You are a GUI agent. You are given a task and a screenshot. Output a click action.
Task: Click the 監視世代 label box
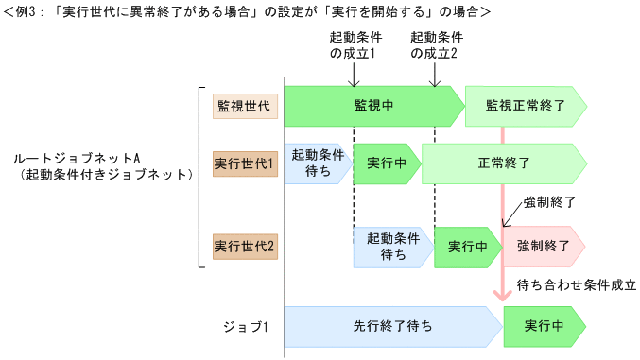click(244, 106)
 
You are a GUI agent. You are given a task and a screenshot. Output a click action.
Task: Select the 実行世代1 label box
click(244, 163)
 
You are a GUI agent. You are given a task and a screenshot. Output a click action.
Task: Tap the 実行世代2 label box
click(244, 246)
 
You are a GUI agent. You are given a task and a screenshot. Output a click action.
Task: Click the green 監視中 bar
click(372, 106)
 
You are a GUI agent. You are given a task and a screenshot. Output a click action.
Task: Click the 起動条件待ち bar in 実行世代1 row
click(317, 163)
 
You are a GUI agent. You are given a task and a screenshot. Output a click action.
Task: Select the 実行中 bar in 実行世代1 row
click(386, 163)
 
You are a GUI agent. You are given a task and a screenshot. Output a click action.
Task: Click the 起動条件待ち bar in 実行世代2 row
click(392, 246)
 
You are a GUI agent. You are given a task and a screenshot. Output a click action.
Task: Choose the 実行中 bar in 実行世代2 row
click(467, 246)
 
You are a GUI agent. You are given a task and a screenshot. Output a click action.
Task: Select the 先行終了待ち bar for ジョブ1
click(391, 326)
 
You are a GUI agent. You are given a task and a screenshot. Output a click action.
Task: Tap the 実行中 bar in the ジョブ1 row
click(543, 326)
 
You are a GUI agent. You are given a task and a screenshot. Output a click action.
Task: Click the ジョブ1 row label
click(246, 327)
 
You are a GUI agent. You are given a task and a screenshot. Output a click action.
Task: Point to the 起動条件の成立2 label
click(435, 45)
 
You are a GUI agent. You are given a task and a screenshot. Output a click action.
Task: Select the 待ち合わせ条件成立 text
click(579, 283)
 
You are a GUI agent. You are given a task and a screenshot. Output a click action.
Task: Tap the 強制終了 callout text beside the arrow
click(549, 203)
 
